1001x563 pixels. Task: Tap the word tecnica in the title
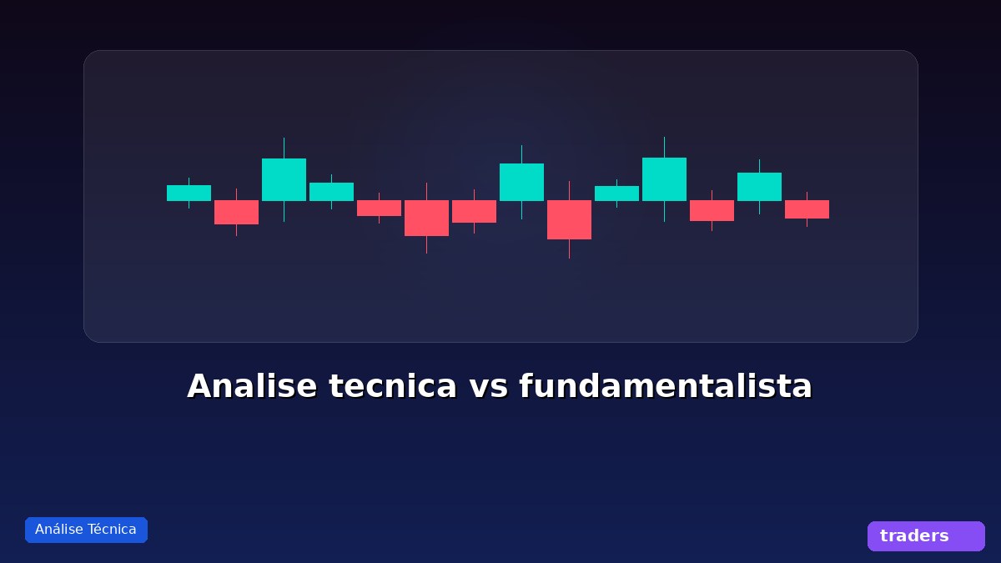pos(393,387)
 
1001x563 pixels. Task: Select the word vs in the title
pos(488,387)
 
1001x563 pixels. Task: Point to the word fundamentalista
pos(665,387)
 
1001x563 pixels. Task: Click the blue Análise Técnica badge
pos(86,530)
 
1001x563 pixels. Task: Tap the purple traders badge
pos(926,536)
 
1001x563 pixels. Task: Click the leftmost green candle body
pos(189,193)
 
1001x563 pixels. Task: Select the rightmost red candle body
pos(807,209)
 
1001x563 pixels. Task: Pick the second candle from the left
pos(236,212)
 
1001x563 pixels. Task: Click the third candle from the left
pos(284,179)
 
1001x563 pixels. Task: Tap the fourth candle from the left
pos(331,192)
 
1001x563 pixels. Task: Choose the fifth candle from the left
pos(379,208)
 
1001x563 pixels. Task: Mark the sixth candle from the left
pos(426,218)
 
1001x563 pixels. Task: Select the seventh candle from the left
pos(474,211)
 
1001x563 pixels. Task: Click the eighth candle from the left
pos(521,182)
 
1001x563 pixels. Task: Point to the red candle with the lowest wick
pos(569,219)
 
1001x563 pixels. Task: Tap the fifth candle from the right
pos(616,194)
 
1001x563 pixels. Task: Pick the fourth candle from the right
pos(664,179)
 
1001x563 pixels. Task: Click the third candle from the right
pos(712,210)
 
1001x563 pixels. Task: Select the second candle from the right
pos(759,187)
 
